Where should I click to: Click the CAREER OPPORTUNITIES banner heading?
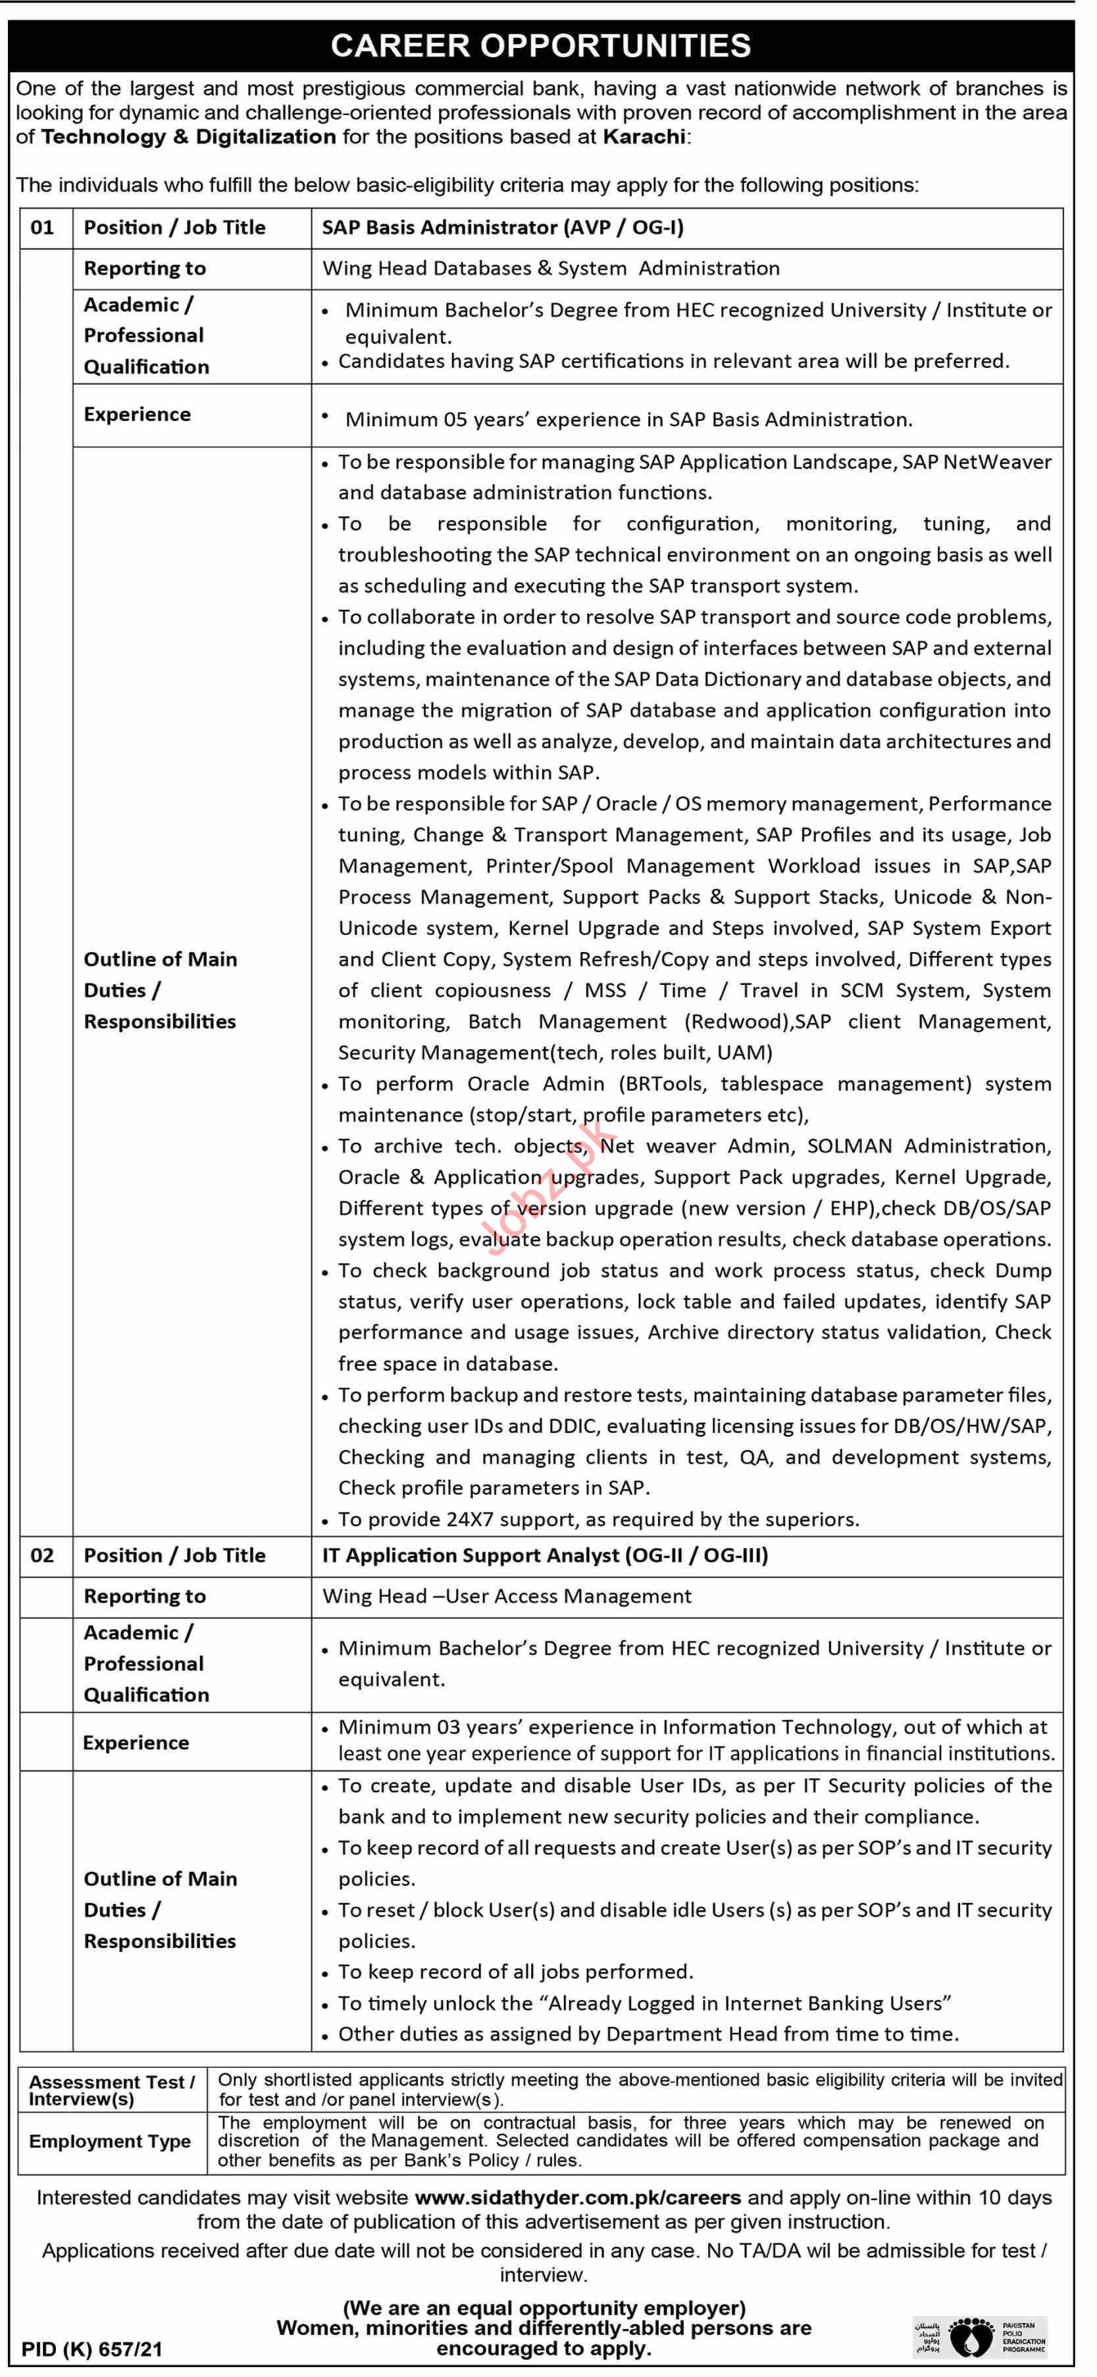[x=541, y=45]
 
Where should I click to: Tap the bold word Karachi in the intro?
[x=644, y=137]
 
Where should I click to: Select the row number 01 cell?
[x=42, y=228]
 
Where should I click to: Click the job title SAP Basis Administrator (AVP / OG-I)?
[x=503, y=228]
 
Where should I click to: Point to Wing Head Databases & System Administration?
[x=551, y=268]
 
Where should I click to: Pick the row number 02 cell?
[x=42, y=1556]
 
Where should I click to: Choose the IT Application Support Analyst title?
[x=544, y=1556]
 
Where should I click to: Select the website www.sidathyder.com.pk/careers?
[x=578, y=2198]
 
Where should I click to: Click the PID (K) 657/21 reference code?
[x=91, y=2349]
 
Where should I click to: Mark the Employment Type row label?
[x=110, y=2141]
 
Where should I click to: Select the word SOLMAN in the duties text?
[x=849, y=1146]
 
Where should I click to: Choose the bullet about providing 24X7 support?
[x=598, y=1519]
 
